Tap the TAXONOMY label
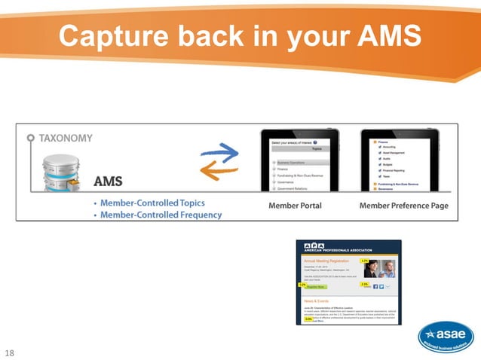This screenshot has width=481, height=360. [x=66, y=138]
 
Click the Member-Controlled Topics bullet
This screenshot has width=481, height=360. [x=154, y=203]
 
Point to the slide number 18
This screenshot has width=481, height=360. [x=10, y=352]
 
